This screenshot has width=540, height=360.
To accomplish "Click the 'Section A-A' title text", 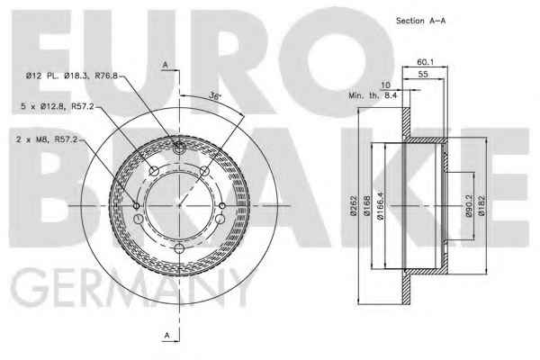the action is pyautogui.click(x=420, y=21).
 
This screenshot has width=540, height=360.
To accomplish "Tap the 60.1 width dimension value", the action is pyautogui.click(x=426, y=62).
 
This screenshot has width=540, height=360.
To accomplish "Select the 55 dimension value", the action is pyautogui.click(x=423, y=74).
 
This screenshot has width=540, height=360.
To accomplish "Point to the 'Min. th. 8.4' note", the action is pyautogui.click(x=373, y=95).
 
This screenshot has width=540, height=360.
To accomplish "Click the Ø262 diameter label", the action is pyautogui.click(x=354, y=206).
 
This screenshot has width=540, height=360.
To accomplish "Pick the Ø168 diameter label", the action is pyautogui.click(x=367, y=206).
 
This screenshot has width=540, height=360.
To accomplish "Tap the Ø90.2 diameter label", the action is pyautogui.click(x=469, y=206).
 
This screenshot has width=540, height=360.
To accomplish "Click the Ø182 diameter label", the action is pyautogui.click(x=481, y=206).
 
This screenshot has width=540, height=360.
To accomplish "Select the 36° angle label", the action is pyautogui.click(x=214, y=96).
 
